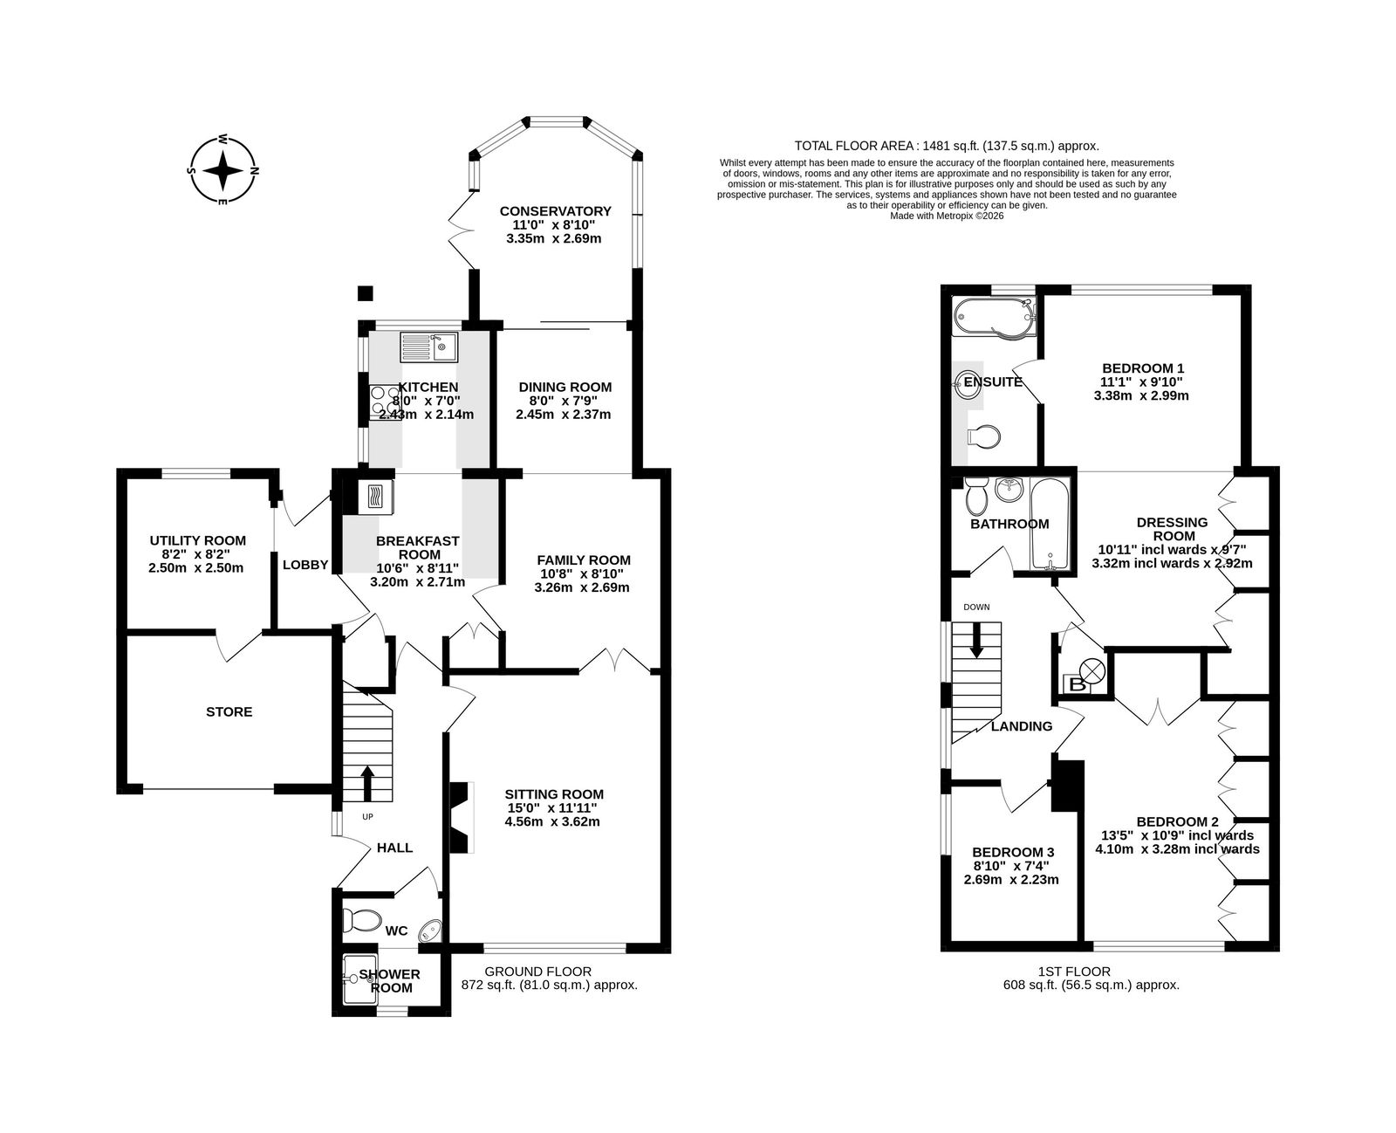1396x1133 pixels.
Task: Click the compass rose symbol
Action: (x=222, y=170)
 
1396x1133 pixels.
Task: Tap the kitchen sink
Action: (x=429, y=347)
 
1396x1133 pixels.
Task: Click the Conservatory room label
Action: (x=555, y=211)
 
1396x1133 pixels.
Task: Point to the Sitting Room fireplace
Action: (x=461, y=818)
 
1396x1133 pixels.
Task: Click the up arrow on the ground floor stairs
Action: (x=367, y=783)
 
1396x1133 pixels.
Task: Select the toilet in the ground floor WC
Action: (x=362, y=920)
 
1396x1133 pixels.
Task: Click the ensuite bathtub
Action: (x=994, y=319)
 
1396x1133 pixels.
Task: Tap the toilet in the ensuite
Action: (x=984, y=436)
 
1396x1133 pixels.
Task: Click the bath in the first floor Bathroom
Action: (x=1050, y=523)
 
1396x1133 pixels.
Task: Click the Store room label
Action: (x=229, y=712)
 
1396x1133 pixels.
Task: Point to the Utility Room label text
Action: (x=197, y=541)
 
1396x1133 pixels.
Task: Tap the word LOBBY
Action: (x=305, y=565)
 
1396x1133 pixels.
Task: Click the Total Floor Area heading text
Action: (x=947, y=147)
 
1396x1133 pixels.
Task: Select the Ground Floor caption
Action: (x=537, y=972)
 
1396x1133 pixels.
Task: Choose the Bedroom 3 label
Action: (x=1013, y=853)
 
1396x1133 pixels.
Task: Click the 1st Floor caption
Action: (x=1074, y=972)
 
